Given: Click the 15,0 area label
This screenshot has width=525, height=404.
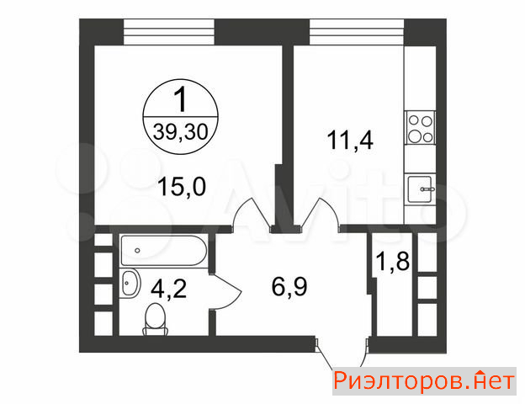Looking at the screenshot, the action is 182,187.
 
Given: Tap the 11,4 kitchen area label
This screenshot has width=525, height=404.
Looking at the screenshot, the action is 350,140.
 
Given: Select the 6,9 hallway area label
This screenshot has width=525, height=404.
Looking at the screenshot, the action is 289,286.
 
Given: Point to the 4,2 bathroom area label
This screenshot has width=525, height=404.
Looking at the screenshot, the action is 168,289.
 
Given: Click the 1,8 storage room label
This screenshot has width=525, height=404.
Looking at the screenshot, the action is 393,261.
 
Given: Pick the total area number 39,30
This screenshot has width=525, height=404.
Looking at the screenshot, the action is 181,131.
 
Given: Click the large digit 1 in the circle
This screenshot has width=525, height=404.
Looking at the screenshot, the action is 181,99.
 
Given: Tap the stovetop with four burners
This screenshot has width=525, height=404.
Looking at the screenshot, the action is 420,128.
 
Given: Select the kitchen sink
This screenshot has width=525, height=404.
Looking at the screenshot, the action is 420,189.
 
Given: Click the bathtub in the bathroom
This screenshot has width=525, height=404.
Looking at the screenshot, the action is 164,251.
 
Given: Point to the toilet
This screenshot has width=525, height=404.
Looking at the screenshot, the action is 156,319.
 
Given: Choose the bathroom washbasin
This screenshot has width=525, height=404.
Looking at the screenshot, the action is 129,283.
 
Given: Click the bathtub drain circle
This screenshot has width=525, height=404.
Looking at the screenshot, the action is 137,250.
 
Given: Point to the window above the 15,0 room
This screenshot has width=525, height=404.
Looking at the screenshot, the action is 169,32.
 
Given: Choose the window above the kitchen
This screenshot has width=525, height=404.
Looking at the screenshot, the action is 357,32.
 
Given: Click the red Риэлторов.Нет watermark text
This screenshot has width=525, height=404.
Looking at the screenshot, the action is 424,381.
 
